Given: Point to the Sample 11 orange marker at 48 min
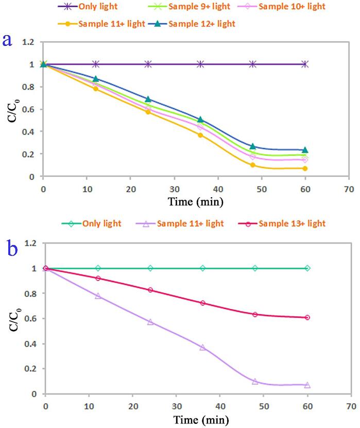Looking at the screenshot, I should click(x=253, y=165).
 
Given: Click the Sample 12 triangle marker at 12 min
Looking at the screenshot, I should click(x=96, y=79).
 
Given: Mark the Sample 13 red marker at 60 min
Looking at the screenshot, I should click(x=307, y=318).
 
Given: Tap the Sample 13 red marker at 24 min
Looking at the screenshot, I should click(x=150, y=290).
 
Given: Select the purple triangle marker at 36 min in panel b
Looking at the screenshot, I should click(x=202, y=347).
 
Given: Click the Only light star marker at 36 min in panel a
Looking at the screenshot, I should click(x=201, y=64).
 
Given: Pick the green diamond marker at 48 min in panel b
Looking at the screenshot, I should click(x=255, y=268).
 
